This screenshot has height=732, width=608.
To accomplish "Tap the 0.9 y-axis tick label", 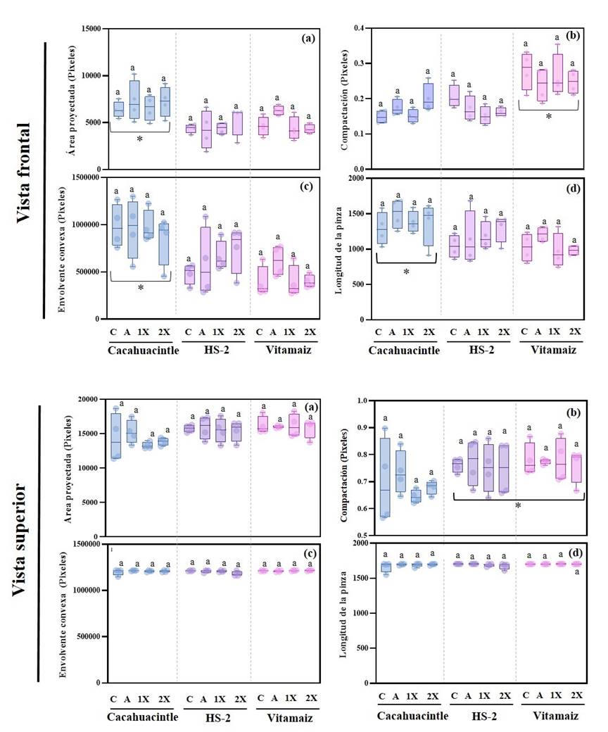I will point(362,427).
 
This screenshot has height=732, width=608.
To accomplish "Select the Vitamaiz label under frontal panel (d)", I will point(549,349).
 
